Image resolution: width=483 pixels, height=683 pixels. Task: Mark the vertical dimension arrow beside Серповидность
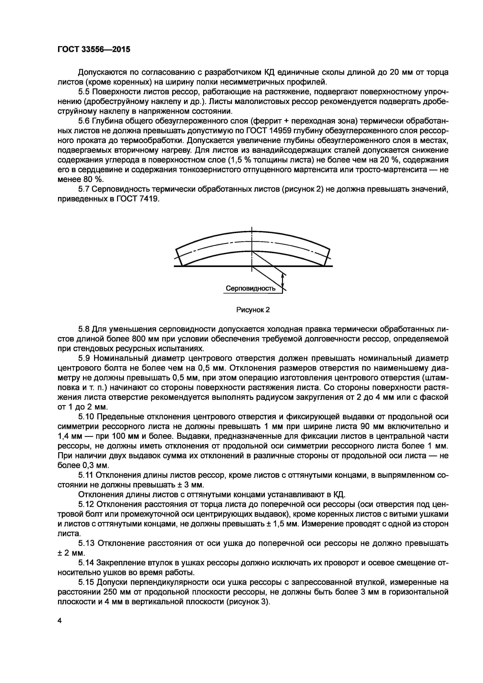tap(283, 283)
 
